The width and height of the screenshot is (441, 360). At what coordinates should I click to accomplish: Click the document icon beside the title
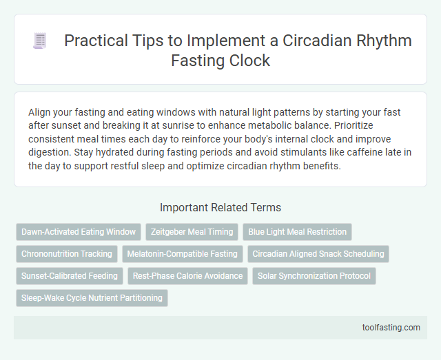click(39, 41)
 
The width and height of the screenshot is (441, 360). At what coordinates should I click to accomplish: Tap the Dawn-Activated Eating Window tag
click(79, 232)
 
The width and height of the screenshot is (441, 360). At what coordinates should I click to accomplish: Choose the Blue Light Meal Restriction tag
click(298, 232)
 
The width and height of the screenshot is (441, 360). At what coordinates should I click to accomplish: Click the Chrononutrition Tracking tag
click(67, 254)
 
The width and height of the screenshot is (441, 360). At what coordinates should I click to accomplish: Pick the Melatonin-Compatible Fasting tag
click(183, 254)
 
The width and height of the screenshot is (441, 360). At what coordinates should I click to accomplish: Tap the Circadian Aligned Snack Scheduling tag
click(318, 254)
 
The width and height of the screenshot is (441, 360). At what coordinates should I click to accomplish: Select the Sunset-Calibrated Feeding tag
click(70, 276)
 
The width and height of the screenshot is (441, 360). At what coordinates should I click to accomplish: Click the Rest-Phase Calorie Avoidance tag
click(188, 276)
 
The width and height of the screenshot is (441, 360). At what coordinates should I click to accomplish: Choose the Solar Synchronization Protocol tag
click(314, 276)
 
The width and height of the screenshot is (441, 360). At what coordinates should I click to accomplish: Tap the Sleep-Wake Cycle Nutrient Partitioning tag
click(92, 298)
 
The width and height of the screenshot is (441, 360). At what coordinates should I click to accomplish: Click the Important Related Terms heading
click(220, 207)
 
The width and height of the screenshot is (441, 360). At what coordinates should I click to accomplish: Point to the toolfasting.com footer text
click(390, 327)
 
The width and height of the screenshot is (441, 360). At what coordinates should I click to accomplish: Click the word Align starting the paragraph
click(40, 111)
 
